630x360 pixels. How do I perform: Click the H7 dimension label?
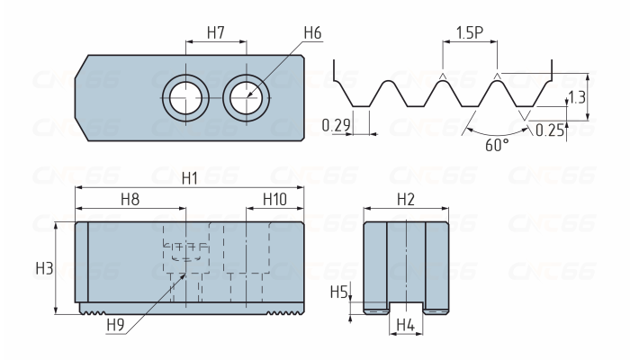(x=216, y=32)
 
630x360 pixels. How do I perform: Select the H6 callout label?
(x=312, y=32)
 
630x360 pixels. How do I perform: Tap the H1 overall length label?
(x=190, y=178)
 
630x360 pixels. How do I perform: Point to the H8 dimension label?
(x=130, y=199)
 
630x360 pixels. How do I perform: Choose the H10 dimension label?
(x=274, y=199)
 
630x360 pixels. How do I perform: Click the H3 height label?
(x=44, y=268)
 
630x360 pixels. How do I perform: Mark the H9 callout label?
(x=116, y=325)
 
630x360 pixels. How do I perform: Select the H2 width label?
(x=406, y=199)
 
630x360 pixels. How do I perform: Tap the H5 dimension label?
(x=338, y=292)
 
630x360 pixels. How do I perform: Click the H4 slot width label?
(x=406, y=325)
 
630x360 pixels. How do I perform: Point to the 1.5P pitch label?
(x=470, y=32)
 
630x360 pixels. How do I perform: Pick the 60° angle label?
(x=497, y=145)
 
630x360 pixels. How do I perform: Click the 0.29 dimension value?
(x=337, y=125)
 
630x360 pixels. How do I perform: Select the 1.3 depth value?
(x=578, y=97)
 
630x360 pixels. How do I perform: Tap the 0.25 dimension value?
(x=550, y=130)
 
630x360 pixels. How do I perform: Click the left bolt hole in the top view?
(x=185, y=97)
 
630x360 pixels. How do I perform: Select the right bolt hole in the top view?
(x=247, y=97)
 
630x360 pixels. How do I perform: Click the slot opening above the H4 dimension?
(x=406, y=308)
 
